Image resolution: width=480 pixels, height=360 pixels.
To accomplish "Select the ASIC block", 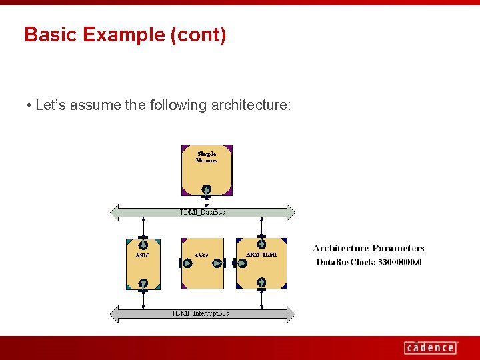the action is coord(143,263).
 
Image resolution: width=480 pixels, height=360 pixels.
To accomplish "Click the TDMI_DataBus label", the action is coord(203,213).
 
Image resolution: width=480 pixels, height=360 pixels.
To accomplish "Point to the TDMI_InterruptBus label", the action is coord(200,313).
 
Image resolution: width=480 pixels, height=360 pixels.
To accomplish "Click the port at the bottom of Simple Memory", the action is coord(207,189).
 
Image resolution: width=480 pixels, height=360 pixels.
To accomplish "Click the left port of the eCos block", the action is coord(186,263).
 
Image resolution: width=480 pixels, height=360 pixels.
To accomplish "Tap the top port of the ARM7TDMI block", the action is coord(261,243).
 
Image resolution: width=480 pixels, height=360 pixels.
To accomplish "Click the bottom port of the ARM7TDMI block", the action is coord(261,283).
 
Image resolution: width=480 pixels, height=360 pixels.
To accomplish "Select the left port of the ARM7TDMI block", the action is coord(241,263).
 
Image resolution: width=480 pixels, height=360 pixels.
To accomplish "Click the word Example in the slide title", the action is coord(123,35).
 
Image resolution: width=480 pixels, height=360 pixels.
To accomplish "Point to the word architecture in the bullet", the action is coord(251,105).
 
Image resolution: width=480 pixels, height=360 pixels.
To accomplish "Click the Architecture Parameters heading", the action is coord(368,249).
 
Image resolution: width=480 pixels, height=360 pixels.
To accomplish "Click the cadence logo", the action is coord(431,347).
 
